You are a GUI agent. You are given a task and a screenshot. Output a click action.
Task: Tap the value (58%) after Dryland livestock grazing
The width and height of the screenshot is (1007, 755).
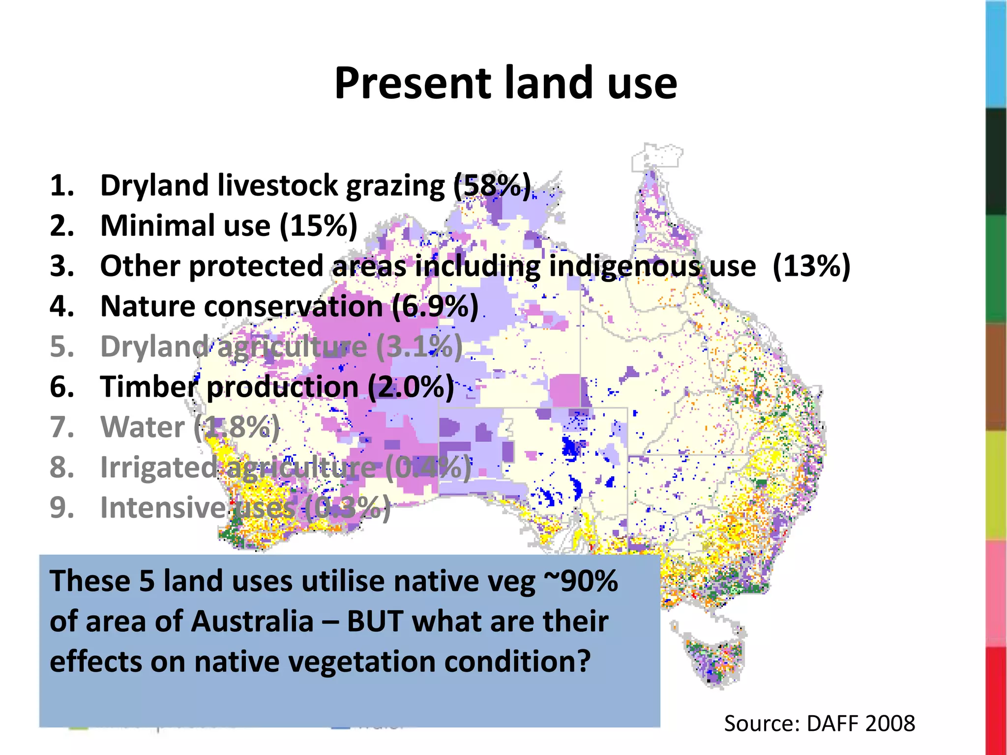pos(492,185)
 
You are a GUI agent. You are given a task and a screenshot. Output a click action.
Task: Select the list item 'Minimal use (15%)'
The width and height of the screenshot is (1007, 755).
pos(229,226)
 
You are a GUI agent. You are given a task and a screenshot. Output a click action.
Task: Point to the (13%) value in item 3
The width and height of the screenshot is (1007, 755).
pos(811,266)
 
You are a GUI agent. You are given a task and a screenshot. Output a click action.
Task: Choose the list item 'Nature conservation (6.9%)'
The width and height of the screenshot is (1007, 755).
pos(289,306)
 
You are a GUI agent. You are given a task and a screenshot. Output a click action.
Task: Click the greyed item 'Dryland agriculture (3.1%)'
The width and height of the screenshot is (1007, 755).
pos(281,347)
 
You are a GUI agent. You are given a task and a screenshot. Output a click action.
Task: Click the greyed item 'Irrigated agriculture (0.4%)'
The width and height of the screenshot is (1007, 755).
pos(285,467)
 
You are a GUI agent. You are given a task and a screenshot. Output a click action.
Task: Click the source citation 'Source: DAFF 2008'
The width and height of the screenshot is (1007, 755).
pos(819,724)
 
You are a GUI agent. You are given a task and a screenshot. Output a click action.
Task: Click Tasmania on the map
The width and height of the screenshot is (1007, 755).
pos(715,659)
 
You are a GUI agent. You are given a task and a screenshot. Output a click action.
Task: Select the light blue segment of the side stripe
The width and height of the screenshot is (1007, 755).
pos(996,54)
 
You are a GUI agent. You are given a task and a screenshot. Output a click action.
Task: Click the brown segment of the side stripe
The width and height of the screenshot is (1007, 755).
pos(996,377)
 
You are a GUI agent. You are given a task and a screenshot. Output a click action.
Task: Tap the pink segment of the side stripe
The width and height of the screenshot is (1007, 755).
pos(996,593)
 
